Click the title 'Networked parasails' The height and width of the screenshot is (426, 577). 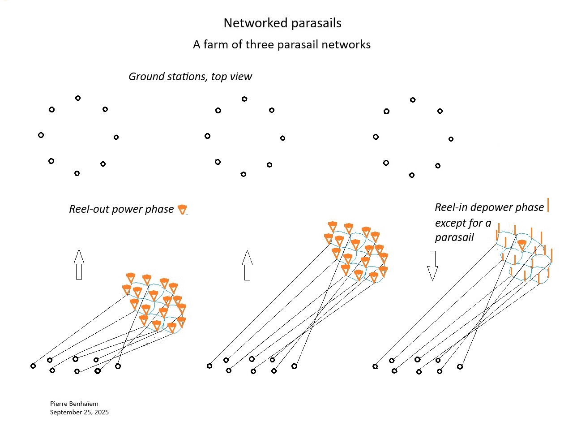[x=282, y=23]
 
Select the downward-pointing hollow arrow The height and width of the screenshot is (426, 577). [x=432, y=266]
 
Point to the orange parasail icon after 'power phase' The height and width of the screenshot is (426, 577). [x=182, y=209]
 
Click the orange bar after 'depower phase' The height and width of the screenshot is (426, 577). [x=548, y=205]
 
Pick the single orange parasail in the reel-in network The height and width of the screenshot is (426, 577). [x=521, y=245]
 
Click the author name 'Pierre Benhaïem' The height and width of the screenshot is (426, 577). [x=74, y=404]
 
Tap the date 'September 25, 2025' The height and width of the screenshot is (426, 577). [x=79, y=412]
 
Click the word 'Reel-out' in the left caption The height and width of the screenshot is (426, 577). [x=89, y=209]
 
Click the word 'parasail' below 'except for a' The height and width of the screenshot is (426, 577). [x=454, y=238]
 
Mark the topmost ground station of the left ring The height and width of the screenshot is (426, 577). [x=78, y=98]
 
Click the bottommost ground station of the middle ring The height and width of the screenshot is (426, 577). [x=243, y=174]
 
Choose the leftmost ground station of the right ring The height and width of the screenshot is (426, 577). [x=376, y=137]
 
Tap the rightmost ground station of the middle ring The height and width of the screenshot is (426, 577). [x=282, y=138]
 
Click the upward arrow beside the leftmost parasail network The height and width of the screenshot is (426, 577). [x=79, y=264]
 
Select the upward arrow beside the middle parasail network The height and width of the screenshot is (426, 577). [x=247, y=265]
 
